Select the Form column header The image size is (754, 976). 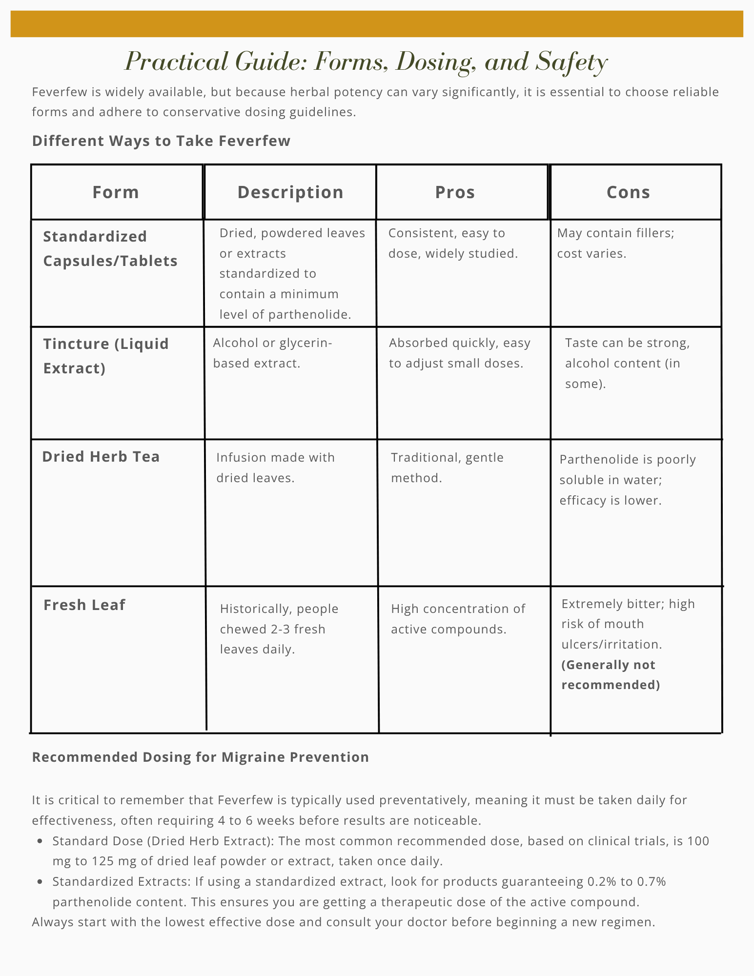click(116, 192)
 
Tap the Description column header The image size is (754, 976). click(290, 192)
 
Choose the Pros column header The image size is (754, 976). click(455, 192)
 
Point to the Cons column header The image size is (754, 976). click(628, 192)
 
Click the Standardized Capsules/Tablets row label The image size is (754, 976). click(110, 248)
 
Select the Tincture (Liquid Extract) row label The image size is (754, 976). click(106, 356)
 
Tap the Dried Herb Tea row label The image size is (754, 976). click(101, 457)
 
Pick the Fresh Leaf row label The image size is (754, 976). click(84, 605)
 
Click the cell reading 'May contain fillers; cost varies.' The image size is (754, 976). click(615, 243)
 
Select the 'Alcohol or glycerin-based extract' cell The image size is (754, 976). click(272, 353)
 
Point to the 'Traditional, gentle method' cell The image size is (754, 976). click(447, 468)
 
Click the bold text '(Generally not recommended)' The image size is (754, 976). click(611, 675)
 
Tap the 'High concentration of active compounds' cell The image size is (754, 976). click(458, 619)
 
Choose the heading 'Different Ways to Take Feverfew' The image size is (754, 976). click(161, 141)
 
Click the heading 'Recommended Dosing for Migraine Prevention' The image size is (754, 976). click(200, 757)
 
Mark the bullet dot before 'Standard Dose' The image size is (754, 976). click(41, 841)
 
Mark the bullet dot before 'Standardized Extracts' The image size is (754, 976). click(41, 882)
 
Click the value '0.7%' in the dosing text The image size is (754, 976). click(651, 882)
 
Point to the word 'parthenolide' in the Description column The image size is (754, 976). click(308, 314)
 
